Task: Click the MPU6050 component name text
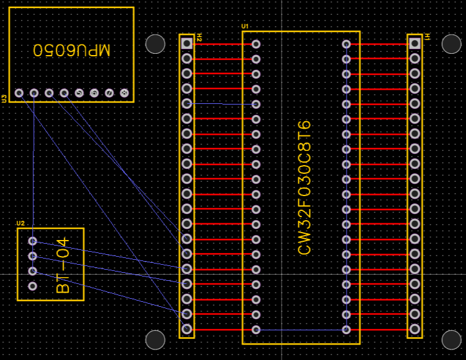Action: click(x=71, y=50)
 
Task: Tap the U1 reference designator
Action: click(x=245, y=27)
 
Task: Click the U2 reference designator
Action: click(x=20, y=223)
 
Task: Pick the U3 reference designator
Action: click(x=4, y=98)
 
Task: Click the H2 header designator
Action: click(x=200, y=38)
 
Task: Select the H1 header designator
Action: click(x=428, y=38)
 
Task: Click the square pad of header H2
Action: click(x=187, y=43)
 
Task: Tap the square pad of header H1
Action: click(x=415, y=43)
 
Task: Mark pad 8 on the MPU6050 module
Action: click(x=124, y=93)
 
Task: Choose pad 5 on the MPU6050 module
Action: click(x=79, y=93)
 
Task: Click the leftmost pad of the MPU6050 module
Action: click(x=19, y=93)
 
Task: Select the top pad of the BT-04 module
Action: click(x=33, y=241)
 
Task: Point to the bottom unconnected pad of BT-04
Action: click(x=33, y=286)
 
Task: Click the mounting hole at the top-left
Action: click(x=155, y=43)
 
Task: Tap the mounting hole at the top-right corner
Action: click(x=452, y=43)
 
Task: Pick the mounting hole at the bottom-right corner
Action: click(x=452, y=339)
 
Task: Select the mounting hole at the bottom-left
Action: click(x=155, y=339)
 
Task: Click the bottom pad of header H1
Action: click(x=415, y=329)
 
